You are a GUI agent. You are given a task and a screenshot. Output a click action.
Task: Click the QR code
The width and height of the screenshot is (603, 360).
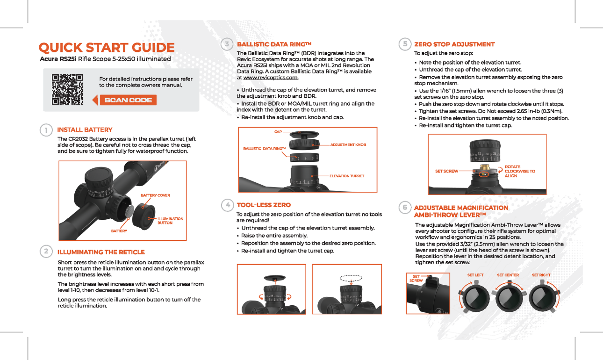pyautogui.click(x=67, y=89)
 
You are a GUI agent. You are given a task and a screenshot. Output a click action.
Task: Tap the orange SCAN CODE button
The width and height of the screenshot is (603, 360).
pyautogui.click(x=128, y=100)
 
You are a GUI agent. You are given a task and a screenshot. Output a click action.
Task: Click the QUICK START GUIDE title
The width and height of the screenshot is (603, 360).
pyautogui.click(x=107, y=48)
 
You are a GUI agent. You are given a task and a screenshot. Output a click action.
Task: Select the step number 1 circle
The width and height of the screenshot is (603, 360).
pyautogui.click(x=46, y=130)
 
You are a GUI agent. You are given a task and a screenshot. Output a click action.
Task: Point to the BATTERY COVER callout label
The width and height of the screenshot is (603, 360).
pyautogui.click(x=155, y=195)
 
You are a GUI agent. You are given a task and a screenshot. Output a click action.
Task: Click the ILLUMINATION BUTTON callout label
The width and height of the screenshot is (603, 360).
pyautogui.click(x=170, y=221)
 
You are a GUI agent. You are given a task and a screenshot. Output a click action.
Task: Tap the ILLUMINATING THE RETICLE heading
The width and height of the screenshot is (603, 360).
pyautogui.click(x=101, y=252)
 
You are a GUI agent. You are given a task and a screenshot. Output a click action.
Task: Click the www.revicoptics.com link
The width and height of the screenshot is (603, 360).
pyautogui.click(x=271, y=78)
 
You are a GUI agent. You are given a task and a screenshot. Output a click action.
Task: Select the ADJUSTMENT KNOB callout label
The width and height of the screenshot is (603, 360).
pyautogui.click(x=348, y=145)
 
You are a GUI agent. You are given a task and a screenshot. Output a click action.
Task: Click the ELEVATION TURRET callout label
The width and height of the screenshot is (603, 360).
pyautogui.click(x=346, y=176)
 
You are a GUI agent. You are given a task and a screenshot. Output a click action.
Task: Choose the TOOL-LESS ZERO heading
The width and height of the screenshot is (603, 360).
pyautogui.click(x=264, y=205)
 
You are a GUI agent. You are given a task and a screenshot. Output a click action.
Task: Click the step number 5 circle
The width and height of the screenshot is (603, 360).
pyautogui.click(x=404, y=44)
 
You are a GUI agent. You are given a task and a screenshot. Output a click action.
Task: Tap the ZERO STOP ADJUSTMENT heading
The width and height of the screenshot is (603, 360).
pyautogui.click(x=454, y=44)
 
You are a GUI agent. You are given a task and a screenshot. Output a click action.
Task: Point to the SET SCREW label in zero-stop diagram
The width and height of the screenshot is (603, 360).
pyautogui.click(x=446, y=172)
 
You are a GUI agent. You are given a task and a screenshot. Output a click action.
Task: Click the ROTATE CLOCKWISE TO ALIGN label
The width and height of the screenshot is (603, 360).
pyautogui.click(x=519, y=171)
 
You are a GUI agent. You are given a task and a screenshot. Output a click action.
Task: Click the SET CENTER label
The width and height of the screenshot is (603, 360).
pyautogui.click(x=508, y=275)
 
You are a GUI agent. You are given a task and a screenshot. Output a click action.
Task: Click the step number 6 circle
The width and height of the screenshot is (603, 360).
pyautogui.click(x=404, y=208)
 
